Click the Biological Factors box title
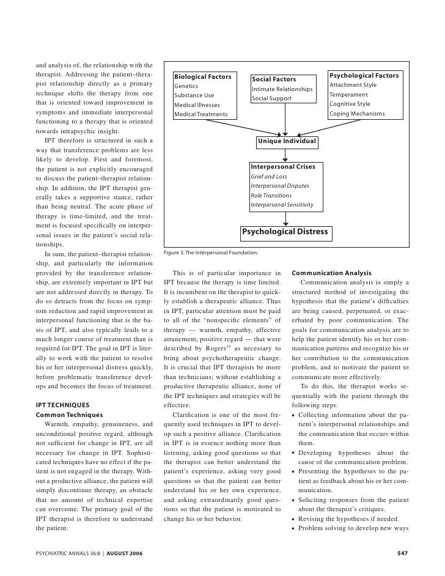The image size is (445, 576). click(x=202, y=77)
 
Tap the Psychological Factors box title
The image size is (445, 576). click(x=364, y=76)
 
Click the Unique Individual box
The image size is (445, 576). click(x=287, y=141)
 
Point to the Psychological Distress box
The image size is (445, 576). click(x=285, y=232)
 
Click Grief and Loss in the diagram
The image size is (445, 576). click(x=270, y=177)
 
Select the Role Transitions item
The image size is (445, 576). click(x=271, y=195)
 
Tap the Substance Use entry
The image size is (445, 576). click(x=194, y=95)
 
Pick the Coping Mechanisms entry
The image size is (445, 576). click(x=357, y=114)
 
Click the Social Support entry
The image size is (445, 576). click(x=271, y=98)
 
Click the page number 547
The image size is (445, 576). click(x=402, y=553)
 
